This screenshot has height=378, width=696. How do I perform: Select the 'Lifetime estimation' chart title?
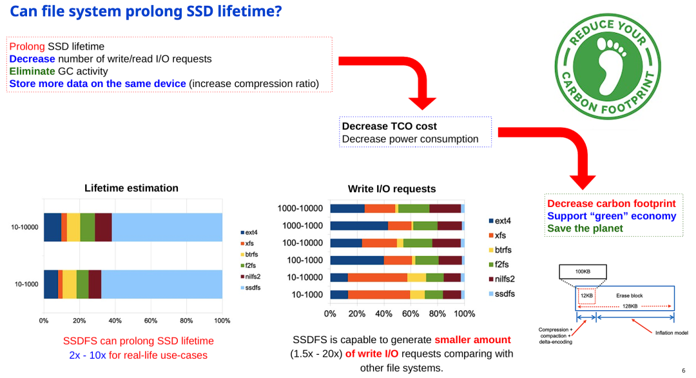[131, 188]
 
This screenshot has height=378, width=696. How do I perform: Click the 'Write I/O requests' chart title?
[392, 189]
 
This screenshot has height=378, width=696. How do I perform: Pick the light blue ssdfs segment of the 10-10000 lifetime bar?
[167, 227]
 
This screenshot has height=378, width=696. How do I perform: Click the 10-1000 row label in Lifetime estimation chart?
[25, 284]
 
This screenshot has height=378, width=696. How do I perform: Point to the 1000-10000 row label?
[300, 208]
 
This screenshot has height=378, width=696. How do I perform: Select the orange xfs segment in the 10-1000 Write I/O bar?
[379, 295]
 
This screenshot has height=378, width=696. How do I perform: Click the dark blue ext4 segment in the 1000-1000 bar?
[359, 226]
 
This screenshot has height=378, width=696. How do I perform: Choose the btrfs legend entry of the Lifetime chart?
[250, 254]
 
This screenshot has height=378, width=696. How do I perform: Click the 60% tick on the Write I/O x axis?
[411, 314]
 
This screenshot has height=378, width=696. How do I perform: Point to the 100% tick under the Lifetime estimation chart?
[222, 320]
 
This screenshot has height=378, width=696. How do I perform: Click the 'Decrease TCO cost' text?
[389, 126]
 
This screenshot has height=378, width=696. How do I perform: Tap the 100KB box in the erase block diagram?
[583, 272]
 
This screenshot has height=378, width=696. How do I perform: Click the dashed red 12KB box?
[586, 295]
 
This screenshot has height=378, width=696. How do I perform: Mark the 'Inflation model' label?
[672, 333]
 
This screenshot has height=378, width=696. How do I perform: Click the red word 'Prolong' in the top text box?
[27, 46]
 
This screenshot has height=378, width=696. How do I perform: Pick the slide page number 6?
[683, 371]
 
